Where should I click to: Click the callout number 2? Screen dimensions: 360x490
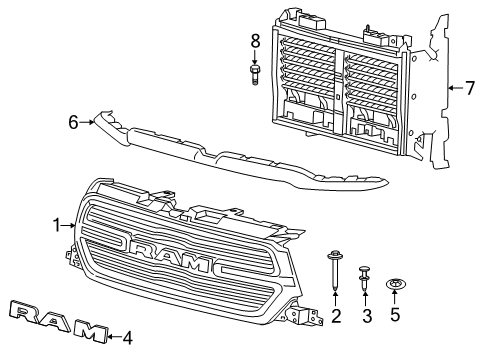pos(336,317)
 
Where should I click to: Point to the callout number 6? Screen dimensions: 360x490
pos(73,122)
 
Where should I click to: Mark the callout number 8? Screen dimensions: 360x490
pos(255,42)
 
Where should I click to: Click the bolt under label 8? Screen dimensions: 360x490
pos(255,73)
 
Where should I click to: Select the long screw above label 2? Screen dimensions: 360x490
pos(335,271)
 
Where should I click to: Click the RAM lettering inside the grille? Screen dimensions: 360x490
pos(170,256)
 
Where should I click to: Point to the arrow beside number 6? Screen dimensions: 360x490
pos(88,122)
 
